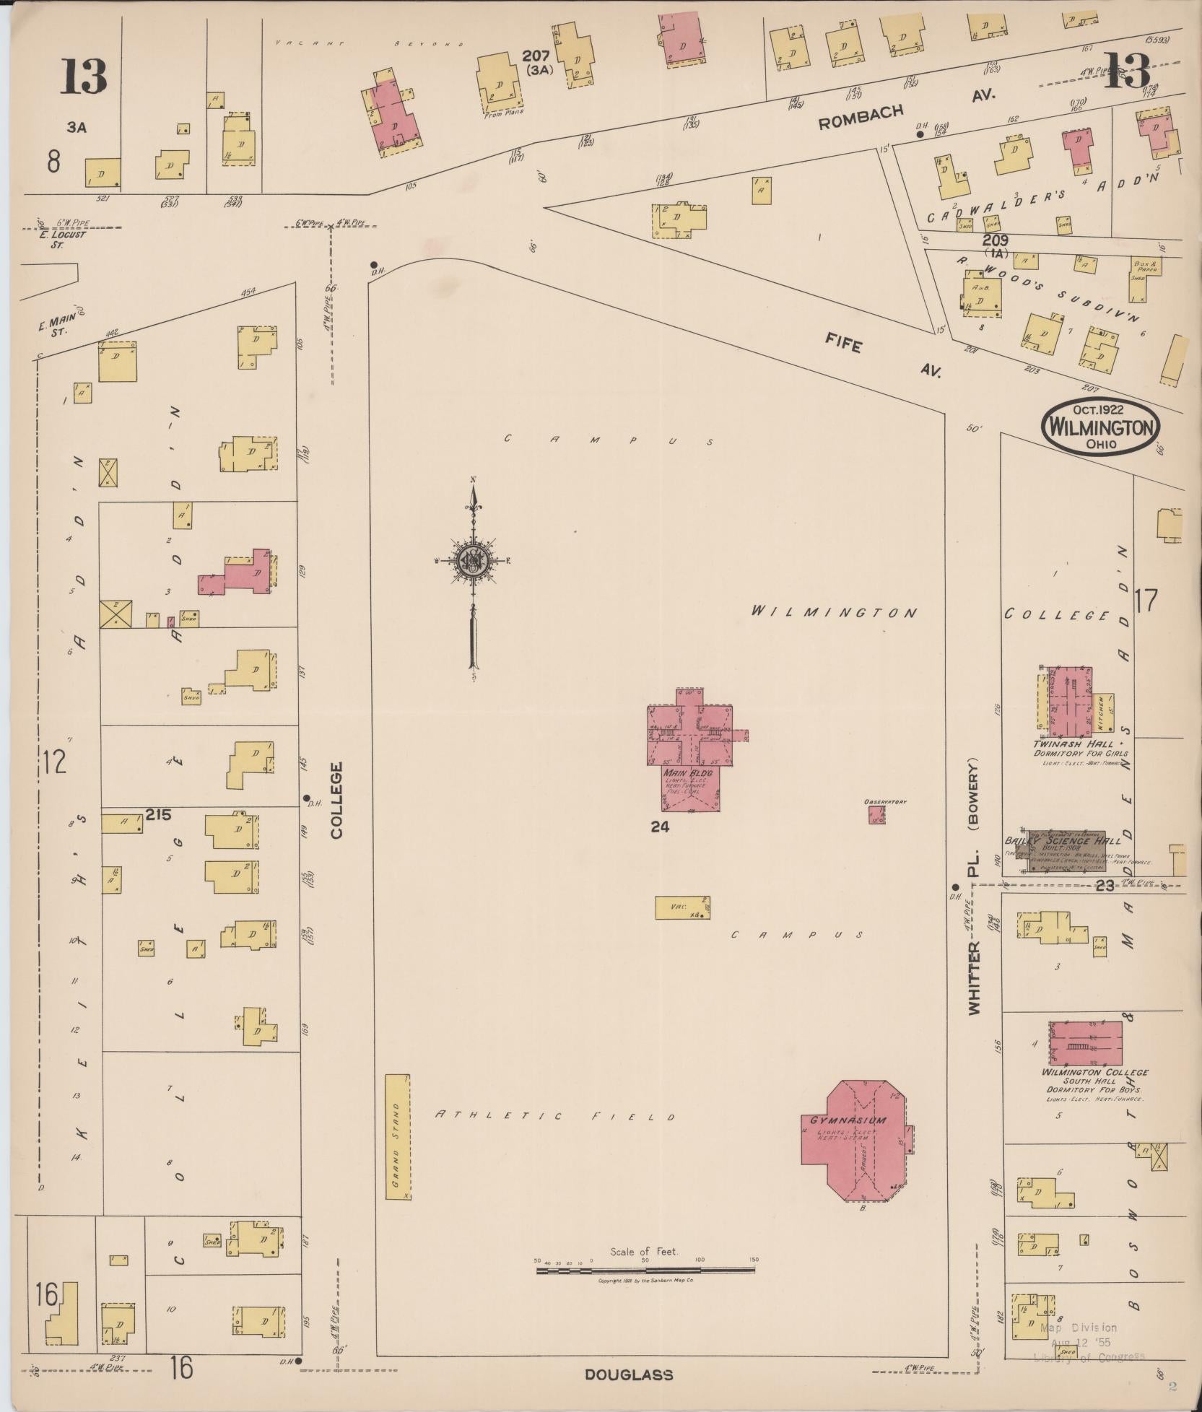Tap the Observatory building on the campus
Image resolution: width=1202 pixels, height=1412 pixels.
coord(876,814)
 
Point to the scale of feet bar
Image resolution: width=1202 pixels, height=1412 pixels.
coord(646,1269)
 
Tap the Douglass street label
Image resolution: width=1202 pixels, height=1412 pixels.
coord(629,1374)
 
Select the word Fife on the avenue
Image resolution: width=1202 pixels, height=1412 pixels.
coord(845,345)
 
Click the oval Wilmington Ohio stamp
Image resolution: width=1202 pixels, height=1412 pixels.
coord(1101,428)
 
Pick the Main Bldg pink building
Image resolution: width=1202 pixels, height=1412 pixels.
coord(690,744)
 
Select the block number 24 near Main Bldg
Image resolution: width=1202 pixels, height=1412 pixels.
coord(659,827)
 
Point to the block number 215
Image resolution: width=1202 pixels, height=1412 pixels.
coord(158,814)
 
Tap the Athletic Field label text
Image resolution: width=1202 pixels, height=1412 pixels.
coord(554,1116)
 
